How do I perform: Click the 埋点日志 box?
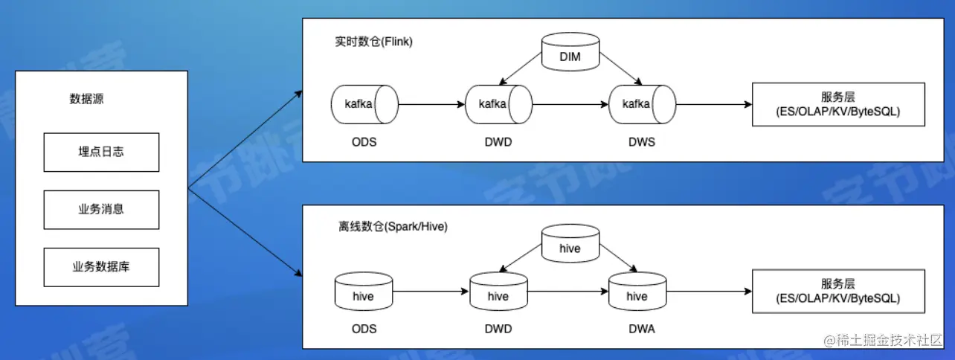click(x=101, y=152)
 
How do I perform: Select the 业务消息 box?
click(x=101, y=210)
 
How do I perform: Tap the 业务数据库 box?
click(x=101, y=268)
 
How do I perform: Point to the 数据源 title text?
click(x=86, y=99)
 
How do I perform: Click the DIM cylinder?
click(x=570, y=51)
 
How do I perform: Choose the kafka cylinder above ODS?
click(x=364, y=104)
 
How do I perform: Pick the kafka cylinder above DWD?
click(x=499, y=104)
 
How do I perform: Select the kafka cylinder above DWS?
click(x=643, y=104)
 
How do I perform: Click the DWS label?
click(x=642, y=142)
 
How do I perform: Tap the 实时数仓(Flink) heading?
click(x=373, y=42)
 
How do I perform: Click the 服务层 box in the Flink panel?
click(x=839, y=104)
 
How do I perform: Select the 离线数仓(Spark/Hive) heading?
click(x=393, y=227)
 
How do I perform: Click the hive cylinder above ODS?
click(x=364, y=292)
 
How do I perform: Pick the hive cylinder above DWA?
click(x=637, y=292)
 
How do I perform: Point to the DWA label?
click(x=642, y=329)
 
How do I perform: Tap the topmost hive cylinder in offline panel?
click(x=570, y=243)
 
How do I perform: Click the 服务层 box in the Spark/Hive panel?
click(x=839, y=292)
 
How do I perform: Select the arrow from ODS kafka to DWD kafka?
click(x=431, y=104)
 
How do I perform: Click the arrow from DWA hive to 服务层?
click(x=710, y=292)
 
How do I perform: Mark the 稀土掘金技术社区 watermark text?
click(x=883, y=341)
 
